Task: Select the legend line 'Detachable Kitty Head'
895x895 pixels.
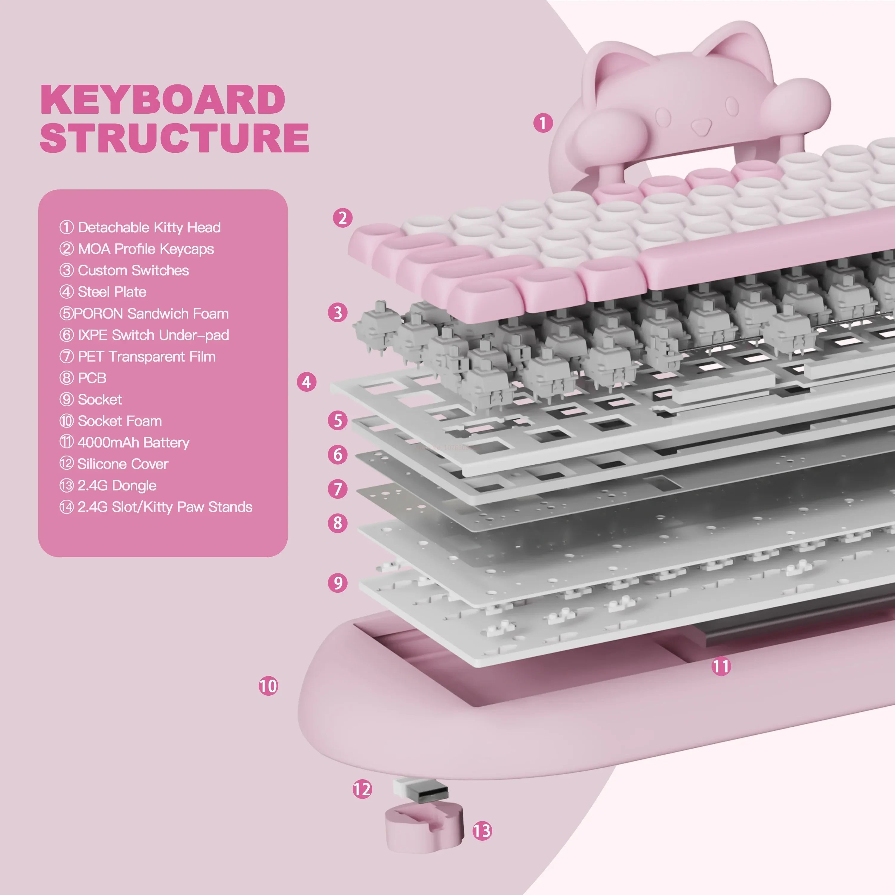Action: tap(140, 227)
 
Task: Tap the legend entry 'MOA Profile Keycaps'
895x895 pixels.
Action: tap(137, 249)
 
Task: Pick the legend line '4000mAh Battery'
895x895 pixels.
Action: tap(124, 442)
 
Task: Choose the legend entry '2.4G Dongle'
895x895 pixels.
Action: tap(108, 485)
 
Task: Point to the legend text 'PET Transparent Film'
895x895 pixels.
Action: tap(137, 357)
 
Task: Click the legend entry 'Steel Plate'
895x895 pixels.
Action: tap(103, 292)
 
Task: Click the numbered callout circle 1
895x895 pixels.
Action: tap(543, 123)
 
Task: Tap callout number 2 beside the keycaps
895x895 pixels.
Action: tap(342, 218)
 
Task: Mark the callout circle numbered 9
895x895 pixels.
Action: tap(338, 583)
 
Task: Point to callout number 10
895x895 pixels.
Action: tap(268, 686)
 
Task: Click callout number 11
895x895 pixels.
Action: tap(721, 666)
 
